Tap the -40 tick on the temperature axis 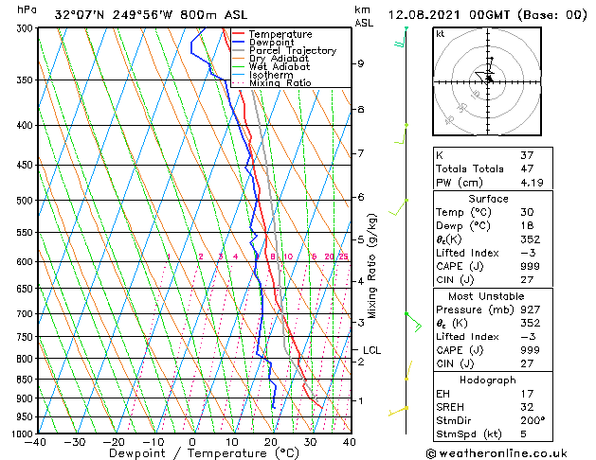[36, 441]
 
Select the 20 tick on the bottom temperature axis [271, 441]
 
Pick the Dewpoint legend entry [272, 43]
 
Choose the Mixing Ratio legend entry [280, 83]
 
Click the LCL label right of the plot [371, 350]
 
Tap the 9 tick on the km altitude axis [361, 63]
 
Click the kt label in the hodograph [440, 34]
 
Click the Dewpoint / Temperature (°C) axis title [192, 454]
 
